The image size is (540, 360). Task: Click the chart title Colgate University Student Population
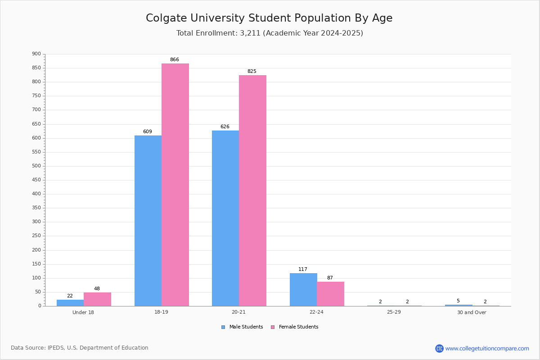pyautogui.click(x=269, y=18)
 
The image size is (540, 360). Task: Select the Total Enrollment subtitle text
pyautogui.click(x=270, y=33)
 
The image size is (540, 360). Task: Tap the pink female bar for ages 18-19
pyautogui.click(x=175, y=184)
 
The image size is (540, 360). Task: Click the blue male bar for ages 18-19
pyautogui.click(x=148, y=220)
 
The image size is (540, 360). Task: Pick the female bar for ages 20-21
pyautogui.click(x=252, y=190)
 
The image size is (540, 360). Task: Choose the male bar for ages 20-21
pyautogui.click(x=225, y=218)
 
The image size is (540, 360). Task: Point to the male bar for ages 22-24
pyautogui.click(x=303, y=290)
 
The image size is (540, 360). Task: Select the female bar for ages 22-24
pyautogui.click(x=330, y=294)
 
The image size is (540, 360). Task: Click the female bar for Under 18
pyautogui.click(x=97, y=299)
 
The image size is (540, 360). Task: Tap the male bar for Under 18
pyautogui.click(x=70, y=303)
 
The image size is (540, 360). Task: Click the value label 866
pyautogui.click(x=175, y=60)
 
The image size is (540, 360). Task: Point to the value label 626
pyautogui.click(x=225, y=127)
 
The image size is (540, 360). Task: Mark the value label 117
pyautogui.click(x=303, y=270)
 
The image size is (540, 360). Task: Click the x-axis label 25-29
pyautogui.click(x=394, y=312)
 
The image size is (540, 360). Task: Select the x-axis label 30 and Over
pyautogui.click(x=472, y=312)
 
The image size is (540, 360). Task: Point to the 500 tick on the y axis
pyautogui.click(x=36, y=166)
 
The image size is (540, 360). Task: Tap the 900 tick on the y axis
pyautogui.click(x=36, y=54)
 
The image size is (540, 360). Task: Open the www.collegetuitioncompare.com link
pyautogui.click(x=487, y=348)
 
